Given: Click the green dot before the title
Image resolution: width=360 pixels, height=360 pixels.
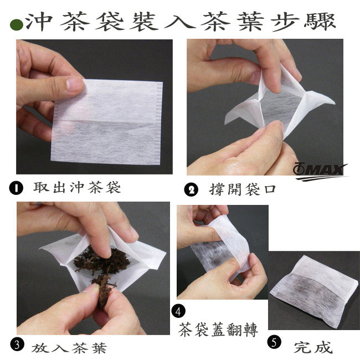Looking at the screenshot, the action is coord(17,25).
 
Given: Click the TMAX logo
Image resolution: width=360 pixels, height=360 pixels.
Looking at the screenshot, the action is coord(320,172).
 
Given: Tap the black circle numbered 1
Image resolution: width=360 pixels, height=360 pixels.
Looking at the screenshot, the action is coord(16,188).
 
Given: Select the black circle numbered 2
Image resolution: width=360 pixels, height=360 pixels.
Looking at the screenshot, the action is coord(191,190).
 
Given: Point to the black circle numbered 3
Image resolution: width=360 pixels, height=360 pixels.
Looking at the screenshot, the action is coord(17,345).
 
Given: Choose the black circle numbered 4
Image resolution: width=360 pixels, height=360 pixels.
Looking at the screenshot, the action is coord(178,312).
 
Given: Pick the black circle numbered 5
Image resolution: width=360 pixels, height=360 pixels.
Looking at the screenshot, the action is coord(274,342).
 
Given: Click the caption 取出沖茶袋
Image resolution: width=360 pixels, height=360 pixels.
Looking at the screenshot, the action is coord(77,187).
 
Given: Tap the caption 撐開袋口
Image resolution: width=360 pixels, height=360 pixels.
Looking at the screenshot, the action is coord(243,189).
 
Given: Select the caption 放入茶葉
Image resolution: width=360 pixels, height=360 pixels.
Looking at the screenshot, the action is coord(69,348).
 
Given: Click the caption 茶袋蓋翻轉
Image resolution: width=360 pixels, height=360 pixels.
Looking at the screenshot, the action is coord(218,330).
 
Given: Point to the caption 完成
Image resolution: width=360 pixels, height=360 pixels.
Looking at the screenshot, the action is coord(313,347).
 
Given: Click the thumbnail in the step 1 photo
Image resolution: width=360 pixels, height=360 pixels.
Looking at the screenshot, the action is coord(74,84).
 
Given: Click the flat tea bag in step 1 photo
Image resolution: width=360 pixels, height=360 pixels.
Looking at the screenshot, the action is coord(107,122).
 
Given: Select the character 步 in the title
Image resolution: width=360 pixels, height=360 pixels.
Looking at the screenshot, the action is coord(286,22).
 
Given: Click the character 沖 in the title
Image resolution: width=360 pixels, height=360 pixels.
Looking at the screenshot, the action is coord(39,22).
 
